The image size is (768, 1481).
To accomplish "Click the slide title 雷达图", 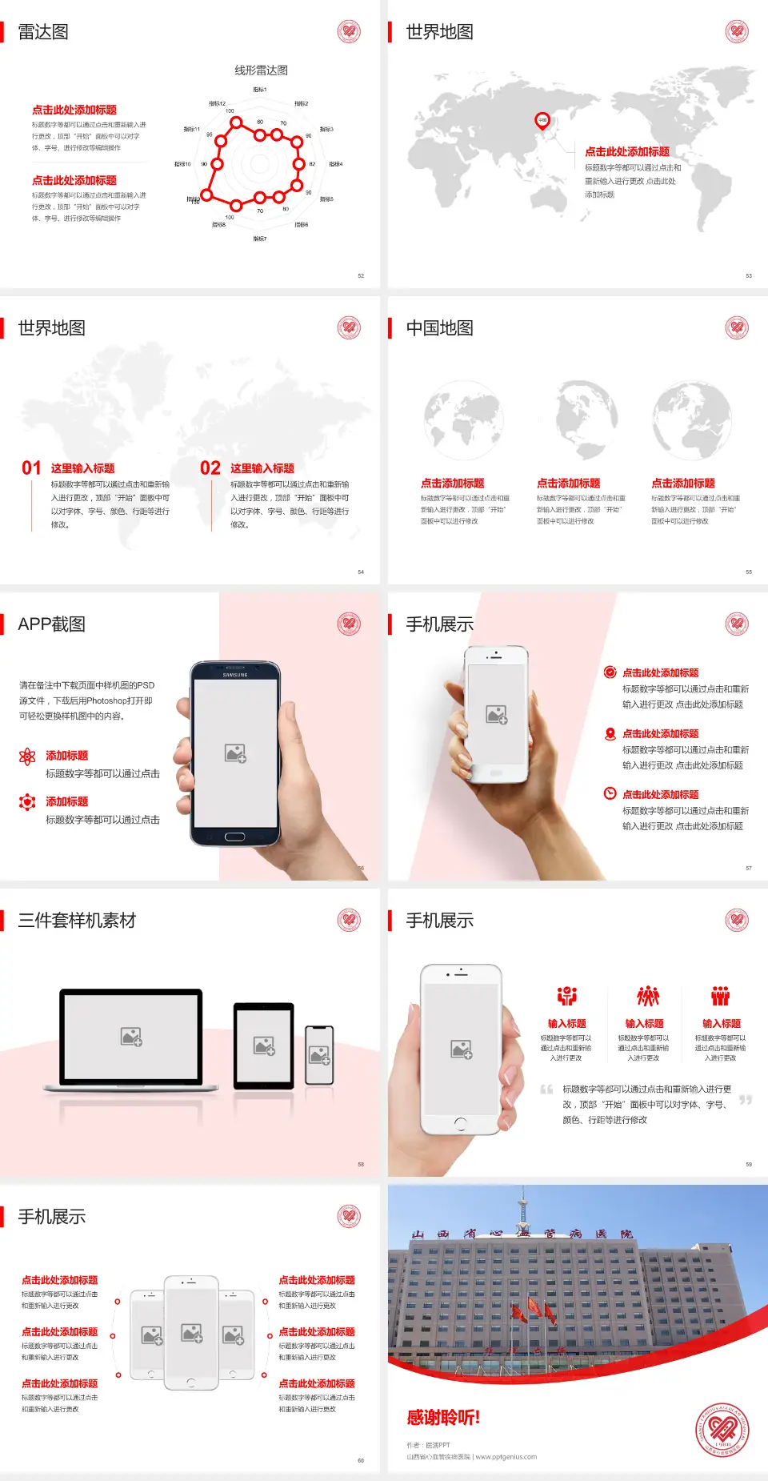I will tap(43, 32).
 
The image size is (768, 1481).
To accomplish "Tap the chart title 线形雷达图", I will tap(261, 70).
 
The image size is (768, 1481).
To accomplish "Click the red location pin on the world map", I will tap(542, 121).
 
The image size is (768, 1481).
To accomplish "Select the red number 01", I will tap(31, 468).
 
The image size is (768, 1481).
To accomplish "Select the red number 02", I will tap(210, 468).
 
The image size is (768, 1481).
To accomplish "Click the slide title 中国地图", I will tap(439, 328).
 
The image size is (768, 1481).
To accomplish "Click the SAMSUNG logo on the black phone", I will tap(235, 675).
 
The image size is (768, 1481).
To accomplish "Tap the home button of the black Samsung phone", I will tap(234, 837).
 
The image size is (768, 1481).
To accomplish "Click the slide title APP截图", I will tap(51, 624).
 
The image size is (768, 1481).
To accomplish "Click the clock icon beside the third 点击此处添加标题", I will tap(610, 793).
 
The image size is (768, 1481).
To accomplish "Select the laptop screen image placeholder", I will tap(131, 1037).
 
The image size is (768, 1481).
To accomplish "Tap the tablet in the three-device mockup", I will tap(263, 1045).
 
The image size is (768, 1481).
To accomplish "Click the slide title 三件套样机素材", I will tap(77, 921).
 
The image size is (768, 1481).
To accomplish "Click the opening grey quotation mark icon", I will tap(547, 1090).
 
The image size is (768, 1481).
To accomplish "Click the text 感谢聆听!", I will tap(443, 1418).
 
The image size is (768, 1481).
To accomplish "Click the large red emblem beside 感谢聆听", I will tap(722, 1429).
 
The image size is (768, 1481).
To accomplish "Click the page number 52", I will tap(361, 276).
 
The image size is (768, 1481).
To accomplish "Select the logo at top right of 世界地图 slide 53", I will tap(737, 32).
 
